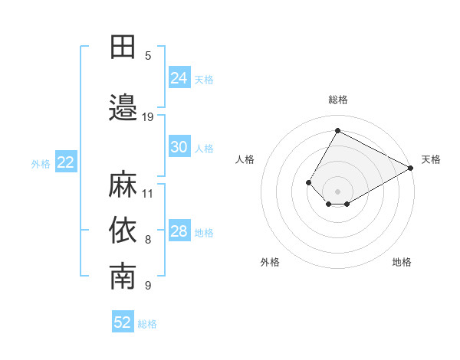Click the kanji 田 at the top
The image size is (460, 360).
click(x=123, y=47)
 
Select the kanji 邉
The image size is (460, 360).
click(x=123, y=108)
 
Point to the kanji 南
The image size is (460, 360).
click(x=123, y=277)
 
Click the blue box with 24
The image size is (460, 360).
click(x=179, y=77)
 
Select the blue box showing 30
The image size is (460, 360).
click(x=179, y=147)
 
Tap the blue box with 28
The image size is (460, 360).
click(x=179, y=231)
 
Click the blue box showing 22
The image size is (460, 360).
click(x=66, y=162)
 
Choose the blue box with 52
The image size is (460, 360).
click(x=123, y=322)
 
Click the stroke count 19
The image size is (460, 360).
click(x=148, y=117)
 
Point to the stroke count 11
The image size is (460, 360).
click(x=148, y=193)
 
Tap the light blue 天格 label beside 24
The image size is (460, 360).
click(x=204, y=79)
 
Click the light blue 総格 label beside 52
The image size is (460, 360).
click(x=147, y=324)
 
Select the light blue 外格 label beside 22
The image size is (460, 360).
click(x=41, y=163)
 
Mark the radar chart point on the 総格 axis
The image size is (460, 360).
click(x=337, y=130)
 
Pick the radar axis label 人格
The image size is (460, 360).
click(x=245, y=159)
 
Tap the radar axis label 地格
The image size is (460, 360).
click(x=402, y=262)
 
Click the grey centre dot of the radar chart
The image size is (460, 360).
click(x=337, y=191)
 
